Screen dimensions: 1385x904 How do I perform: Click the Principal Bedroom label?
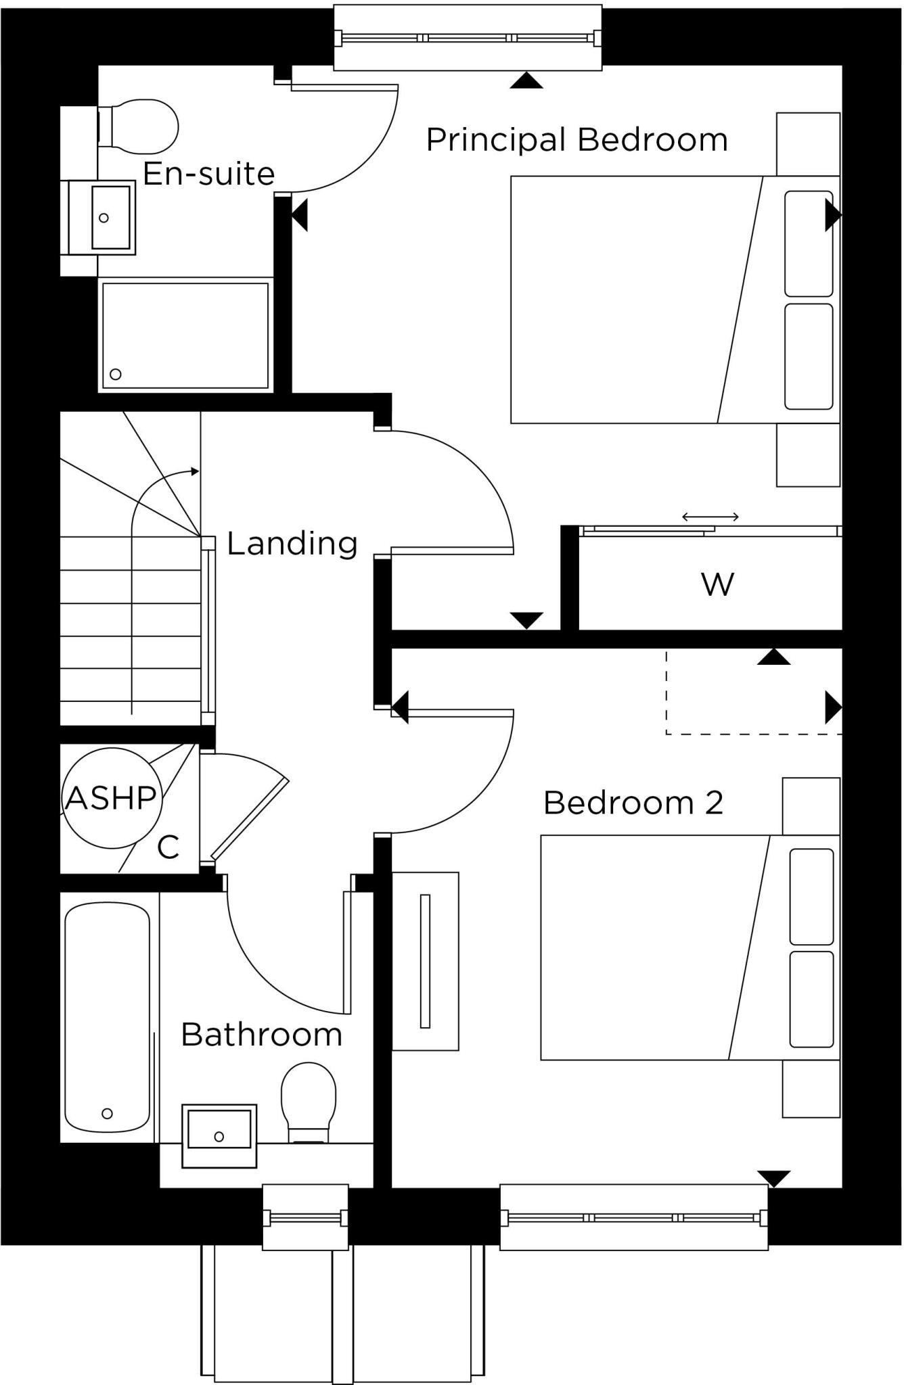point(577,140)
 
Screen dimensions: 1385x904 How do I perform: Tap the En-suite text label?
point(208,174)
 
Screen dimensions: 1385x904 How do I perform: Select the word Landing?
point(292,543)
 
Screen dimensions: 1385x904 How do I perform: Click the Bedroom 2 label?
point(633,803)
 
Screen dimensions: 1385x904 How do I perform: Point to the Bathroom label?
point(262,1035)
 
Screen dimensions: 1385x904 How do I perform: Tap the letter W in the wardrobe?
point(717,584)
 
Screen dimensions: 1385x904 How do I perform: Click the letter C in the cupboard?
point(168,847)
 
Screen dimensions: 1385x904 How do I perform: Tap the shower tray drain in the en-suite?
point(116,374)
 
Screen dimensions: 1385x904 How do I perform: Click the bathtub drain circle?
point(107,1113)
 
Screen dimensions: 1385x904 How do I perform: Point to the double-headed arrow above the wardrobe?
point(710,517)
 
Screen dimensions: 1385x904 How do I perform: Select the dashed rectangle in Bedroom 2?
point(752,693)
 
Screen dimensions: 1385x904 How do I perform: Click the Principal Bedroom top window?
point(468,38)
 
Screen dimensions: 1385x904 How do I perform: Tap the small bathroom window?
point(305,1218)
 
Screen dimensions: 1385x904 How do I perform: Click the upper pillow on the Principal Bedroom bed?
point(809,243)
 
